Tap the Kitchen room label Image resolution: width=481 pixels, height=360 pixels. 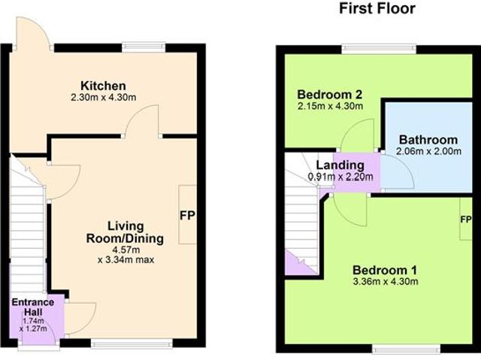point(104,86)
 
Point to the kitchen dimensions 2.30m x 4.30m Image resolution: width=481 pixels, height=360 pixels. point(104,98)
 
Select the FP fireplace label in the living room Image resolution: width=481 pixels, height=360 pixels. point(187,215)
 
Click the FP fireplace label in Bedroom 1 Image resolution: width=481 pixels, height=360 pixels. point(466,219)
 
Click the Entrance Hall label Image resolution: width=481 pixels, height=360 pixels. point(32,307)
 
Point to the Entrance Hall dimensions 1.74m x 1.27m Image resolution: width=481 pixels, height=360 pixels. point(33,323)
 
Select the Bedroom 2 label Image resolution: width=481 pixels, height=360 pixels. point(330,95)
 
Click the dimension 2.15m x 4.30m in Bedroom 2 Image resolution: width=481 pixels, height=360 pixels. point(330,107)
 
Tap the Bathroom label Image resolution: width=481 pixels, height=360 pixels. point(428,140)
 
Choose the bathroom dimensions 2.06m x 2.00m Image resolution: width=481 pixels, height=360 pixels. point(428,152)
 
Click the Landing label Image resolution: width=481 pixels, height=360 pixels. point(340,165)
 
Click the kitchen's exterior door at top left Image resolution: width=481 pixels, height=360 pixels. point(33,34)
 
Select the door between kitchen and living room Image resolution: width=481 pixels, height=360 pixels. point(143,124)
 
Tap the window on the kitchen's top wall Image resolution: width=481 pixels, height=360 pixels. point(145,47)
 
